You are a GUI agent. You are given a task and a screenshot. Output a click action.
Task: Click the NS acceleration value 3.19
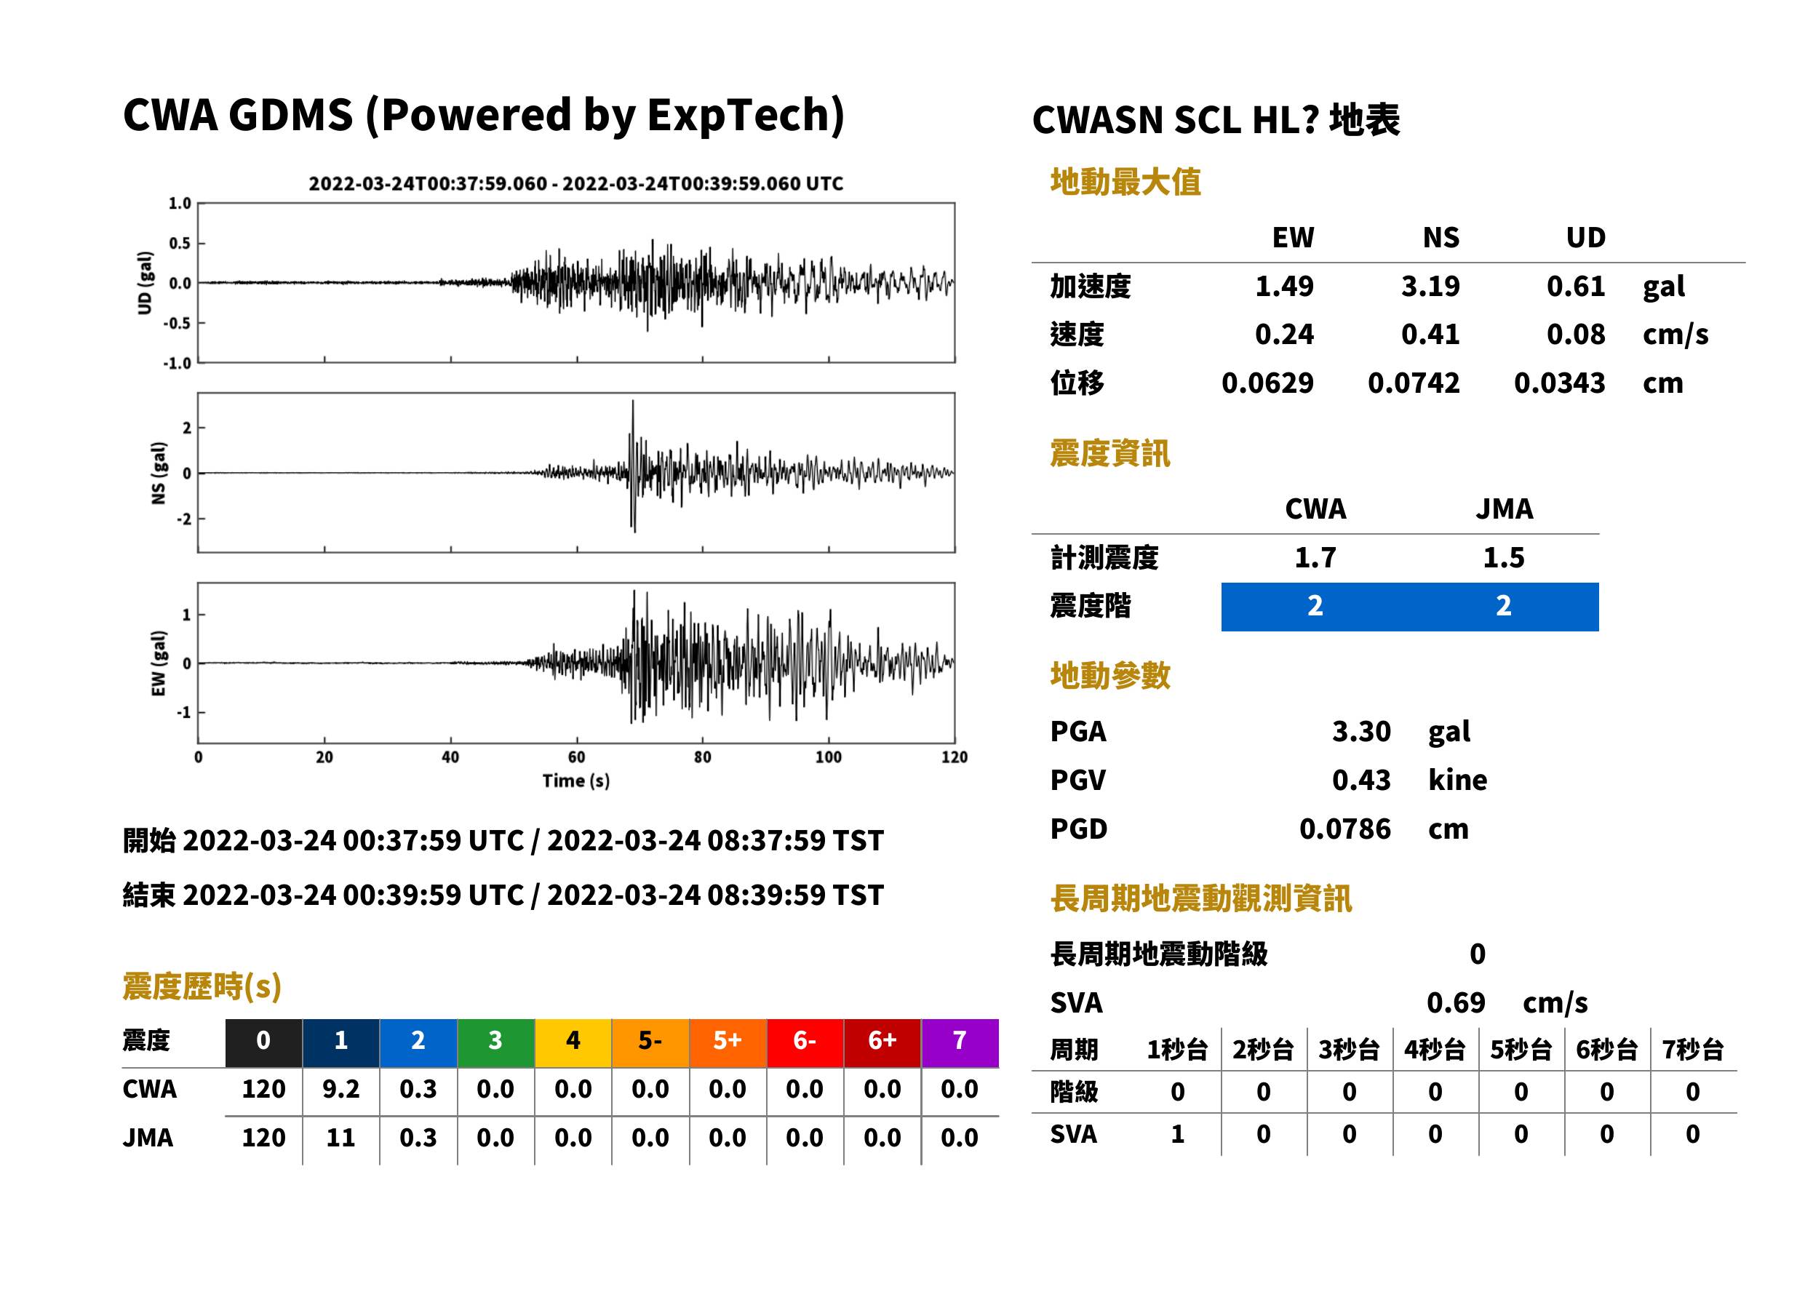(x=1430, y=286)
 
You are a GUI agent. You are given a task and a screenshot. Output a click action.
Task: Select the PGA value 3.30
(x=1361, y=731)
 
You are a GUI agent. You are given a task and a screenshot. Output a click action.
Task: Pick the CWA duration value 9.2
(x=340, y=1089)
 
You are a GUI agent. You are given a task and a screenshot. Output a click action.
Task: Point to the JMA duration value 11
(x=340, y=1138)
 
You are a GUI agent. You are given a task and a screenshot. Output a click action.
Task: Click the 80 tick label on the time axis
(x=703, y=757)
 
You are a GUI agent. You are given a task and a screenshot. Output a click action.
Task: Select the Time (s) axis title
(x=576, y=781)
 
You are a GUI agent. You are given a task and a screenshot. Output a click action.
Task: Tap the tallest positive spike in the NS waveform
(x=633, y=402)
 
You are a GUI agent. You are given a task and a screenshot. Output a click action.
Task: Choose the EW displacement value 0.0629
(x=1267, y=383)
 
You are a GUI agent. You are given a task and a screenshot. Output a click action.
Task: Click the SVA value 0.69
(x=1456, y=1002)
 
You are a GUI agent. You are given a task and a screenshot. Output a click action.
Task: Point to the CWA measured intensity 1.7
(x=1315, y=558)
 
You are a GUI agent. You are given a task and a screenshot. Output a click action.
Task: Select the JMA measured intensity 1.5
(x=1503, y=558)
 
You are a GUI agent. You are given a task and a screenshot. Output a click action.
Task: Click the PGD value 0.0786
(x=1345, y=829)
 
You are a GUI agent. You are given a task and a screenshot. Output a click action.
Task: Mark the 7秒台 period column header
(x=1693, y=1049)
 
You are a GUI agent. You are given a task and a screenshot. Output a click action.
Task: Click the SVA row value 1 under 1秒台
(x=1178, y=1134)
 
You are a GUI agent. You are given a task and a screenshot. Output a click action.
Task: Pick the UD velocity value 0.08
(x=1576, y=334)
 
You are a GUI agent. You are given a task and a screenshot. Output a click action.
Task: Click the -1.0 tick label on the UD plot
(x=177, y=364)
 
